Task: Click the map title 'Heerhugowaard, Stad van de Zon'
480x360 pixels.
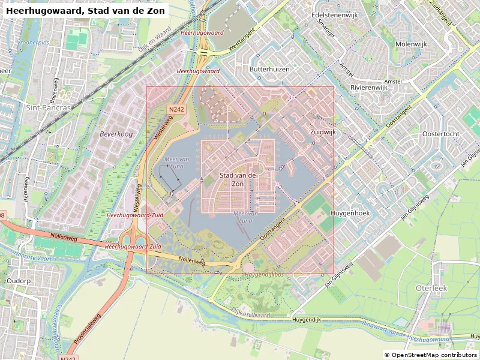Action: pos(84,11)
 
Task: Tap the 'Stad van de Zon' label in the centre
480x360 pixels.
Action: pos(238,179)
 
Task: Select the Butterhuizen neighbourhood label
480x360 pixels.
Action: pos(269,69)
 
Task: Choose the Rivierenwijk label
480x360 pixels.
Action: pos(369,87)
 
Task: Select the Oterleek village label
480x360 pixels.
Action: pos(431,288)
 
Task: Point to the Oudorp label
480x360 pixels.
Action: pos(18,280)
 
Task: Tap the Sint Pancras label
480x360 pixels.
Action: pos(49,107)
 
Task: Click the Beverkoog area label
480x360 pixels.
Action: pos(116,134)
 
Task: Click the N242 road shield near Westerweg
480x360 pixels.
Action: pos(176,109)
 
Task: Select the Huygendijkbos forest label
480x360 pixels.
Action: pos(265,274)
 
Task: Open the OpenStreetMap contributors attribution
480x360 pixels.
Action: pos(430,355)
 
